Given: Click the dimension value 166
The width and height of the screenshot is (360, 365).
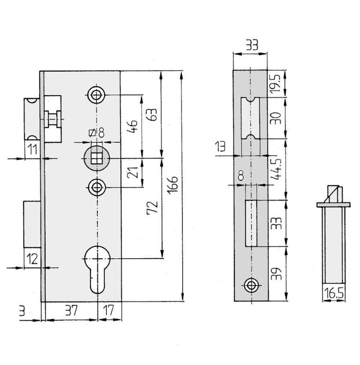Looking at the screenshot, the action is pyautogui.click(x=173, y=185).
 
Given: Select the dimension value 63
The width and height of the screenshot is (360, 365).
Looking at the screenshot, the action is pyautogui.click(x=152, y=115).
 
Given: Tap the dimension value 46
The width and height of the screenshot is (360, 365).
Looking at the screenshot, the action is pyautogui.click(x=132, y=127).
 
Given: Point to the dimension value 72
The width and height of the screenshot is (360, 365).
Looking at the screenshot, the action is pyautogui.click(x=152, y=208).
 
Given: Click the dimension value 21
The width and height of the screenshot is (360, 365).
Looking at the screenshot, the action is pyautogui.click(x=132, y=172).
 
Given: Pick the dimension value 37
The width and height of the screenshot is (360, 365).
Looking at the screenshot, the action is pyautogui.click(x=71, y=310).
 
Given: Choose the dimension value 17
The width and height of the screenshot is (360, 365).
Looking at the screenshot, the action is pyautogui.click(x=108, y=310).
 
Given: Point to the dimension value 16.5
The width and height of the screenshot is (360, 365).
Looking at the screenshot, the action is pyautogui.click(x=334, y=293).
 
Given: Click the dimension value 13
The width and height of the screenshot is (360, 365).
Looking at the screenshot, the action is pyautogui.click(x=220, y=146).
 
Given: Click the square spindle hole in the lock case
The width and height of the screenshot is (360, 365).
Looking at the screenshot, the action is pyautogui.click(x=96, y=158).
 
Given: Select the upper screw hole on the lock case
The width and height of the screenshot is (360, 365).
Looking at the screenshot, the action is pyautogui.click(x=96, y=95).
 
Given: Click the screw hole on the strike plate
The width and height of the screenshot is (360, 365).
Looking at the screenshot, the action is pyautogui.click(x=251, y=285).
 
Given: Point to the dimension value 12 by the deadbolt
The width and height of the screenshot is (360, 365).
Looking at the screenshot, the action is pyautogui.click(x=32, y=259).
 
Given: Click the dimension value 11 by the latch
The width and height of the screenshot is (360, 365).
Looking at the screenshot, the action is pyautogui.click(x=32, y=149).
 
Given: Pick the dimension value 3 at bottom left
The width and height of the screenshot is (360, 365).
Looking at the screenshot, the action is pyautogui.click(x=22, y=311).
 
